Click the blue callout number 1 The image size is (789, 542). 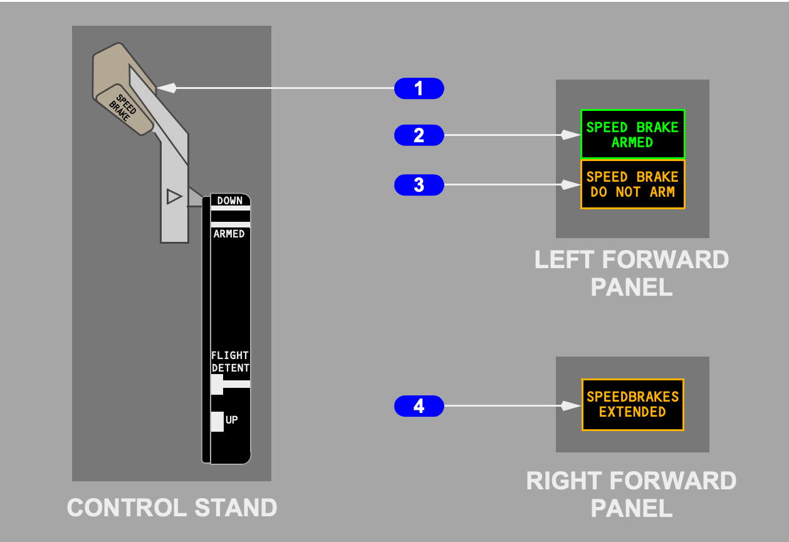419,88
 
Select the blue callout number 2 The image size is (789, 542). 419,135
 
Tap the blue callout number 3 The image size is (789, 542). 419,185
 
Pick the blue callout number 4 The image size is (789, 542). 419,406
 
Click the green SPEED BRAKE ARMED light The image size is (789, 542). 632,135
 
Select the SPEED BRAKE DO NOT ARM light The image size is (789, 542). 632,184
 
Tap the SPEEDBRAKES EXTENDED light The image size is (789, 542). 632,405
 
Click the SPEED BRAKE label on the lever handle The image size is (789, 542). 123,108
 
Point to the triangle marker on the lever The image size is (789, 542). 174,197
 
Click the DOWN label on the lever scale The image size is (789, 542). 230,201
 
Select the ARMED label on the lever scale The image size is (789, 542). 229,234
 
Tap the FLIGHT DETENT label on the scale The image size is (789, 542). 230,362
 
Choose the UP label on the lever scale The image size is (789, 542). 232,420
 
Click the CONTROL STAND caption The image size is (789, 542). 172,508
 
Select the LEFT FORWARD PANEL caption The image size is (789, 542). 632,273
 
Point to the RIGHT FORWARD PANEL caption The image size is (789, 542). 632,494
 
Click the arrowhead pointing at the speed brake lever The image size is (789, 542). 167,88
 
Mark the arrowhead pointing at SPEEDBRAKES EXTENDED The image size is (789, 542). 571,406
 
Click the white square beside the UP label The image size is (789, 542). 217,421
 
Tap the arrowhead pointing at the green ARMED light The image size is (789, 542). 570,135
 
